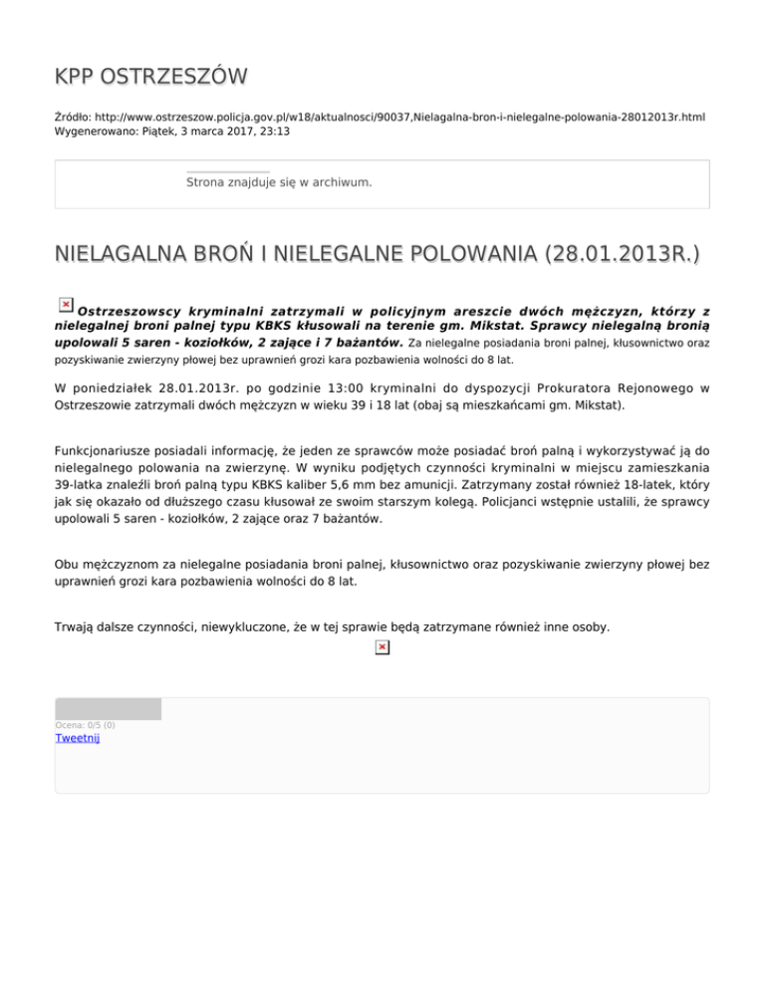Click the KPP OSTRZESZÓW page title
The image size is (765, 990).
click(151, 78)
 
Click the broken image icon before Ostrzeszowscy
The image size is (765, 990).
click(65, 304)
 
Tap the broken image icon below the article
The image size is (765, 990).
click(382, 648)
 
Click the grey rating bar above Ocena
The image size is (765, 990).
click(108, 709)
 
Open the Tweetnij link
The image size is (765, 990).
click(78, 738)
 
